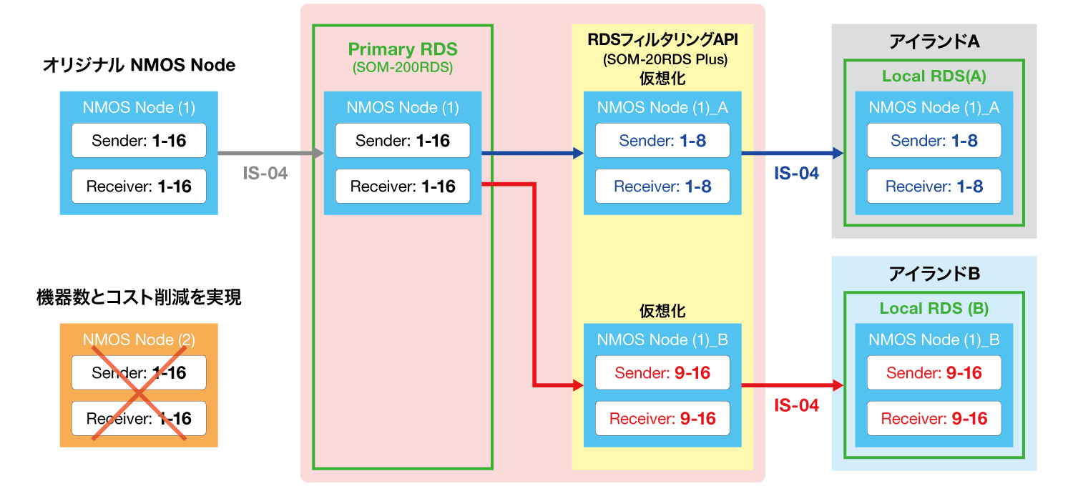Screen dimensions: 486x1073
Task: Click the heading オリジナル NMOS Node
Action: [x=139, y=66]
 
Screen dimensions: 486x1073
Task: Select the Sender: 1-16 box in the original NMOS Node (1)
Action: [x=139, y=141]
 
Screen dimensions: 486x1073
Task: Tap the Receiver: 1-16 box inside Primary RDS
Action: [x=403, y=187]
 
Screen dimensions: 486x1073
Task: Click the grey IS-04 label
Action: [x=265, y=173]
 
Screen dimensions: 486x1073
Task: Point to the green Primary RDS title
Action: [x=403, y=49]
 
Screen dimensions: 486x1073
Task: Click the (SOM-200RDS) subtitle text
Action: [x=403, y=69]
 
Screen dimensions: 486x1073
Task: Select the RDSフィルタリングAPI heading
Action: [x=662, y=41]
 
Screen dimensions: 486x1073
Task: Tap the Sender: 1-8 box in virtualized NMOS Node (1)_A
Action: [x=662, y=141]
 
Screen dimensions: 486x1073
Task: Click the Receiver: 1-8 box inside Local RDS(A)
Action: [x=934, y=187]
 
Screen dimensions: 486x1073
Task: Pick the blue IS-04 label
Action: [x=796, y=173]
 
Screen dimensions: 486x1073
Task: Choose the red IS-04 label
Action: [x=796, y=405]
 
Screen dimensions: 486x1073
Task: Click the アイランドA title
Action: [x=934, y=42]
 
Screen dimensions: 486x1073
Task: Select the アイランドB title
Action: [x=934, y=274]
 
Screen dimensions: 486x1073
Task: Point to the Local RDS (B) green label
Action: [x=934, y=309]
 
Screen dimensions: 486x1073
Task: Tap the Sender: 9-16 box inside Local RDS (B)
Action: [x=934, y=373]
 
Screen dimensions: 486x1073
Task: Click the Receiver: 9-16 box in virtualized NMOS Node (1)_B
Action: [x=662, y=419]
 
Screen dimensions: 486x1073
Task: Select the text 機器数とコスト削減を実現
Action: [x=139, y=298]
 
